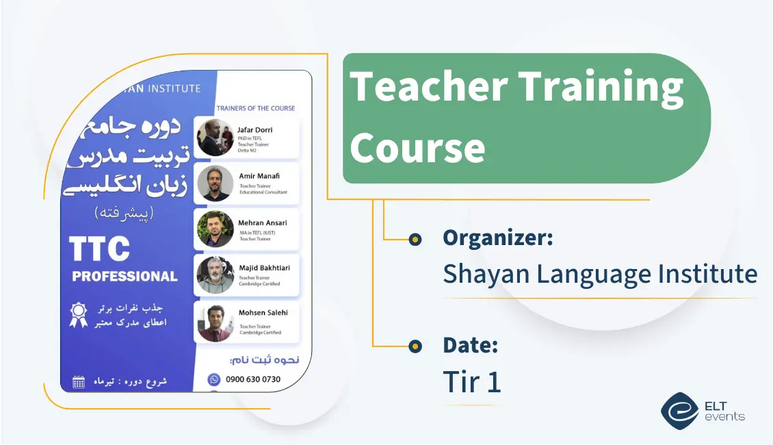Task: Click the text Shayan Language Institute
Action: (600, 274)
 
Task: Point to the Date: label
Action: (470, 345)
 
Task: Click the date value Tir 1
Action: (472, 382)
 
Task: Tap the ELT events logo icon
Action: (679, 410)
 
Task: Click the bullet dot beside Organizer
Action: (415, 240)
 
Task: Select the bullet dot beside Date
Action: (415, 346)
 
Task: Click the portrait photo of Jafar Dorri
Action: (215, 138)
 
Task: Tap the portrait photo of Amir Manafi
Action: (215, 183)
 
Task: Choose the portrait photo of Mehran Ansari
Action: (215, 229)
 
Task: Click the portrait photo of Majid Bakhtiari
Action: (215, 275)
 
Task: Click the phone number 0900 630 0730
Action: (252, 379)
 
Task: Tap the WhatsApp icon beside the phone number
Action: (214, 379)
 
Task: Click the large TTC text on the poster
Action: (100, 249)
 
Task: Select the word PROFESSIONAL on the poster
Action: (125, 277)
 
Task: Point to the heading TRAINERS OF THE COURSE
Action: (255, 108)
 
